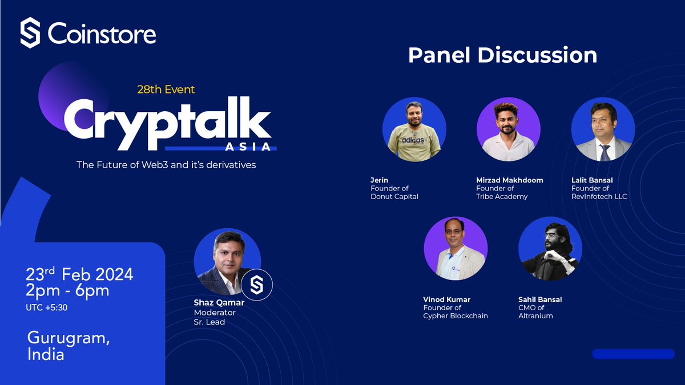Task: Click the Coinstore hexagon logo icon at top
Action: [30, 33]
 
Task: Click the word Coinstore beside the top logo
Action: [102, 34]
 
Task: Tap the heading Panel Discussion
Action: [502, 55]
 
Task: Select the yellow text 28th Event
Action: [166, 90]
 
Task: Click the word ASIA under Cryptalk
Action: [248, 147]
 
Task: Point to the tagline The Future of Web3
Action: [166, 165]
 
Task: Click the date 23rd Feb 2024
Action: [79, 274]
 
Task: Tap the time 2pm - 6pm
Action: [67, 290]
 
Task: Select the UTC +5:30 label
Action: [46, 307]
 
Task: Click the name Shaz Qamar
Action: [219, 303]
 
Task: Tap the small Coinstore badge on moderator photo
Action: [256, 285]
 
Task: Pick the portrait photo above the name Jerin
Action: [414, 129]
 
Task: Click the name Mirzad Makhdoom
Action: [509, 180]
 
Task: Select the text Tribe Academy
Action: [502, 196]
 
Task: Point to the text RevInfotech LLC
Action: [599, 196]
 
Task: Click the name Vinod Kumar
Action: [447, 299]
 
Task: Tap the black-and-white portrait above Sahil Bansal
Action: [550, 249]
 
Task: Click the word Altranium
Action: [535, 316]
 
